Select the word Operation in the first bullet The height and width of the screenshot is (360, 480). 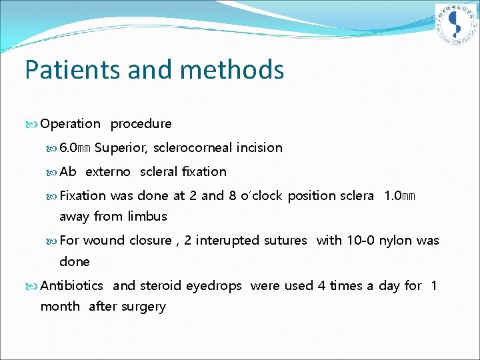click(x=70, y=124)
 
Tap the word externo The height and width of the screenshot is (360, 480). click(x=108, y=172)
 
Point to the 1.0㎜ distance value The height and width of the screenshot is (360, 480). click(x=399, y=196)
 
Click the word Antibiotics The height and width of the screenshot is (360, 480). click(x=72, y=286)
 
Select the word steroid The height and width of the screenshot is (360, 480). click(x=160, y=286)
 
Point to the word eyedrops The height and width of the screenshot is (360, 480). click(x=213, y=286)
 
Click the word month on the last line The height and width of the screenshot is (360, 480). click(x=60, y=307)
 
